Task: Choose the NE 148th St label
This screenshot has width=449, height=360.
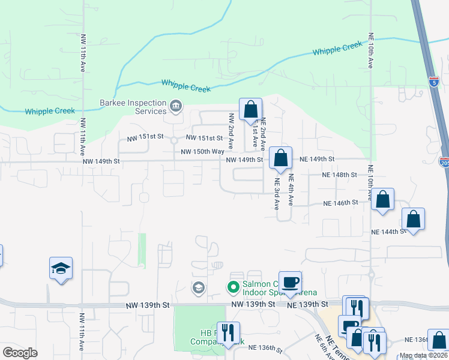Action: (x=339, y=175)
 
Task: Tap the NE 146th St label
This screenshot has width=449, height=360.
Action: (x=340, y=203)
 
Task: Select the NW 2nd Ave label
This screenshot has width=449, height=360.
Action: (x=231, y=133)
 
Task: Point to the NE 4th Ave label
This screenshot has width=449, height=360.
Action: (x=291, y=190)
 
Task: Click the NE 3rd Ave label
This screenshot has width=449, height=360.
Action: (x=277, y=193)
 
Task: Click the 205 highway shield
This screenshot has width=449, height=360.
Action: (x=444, y=163)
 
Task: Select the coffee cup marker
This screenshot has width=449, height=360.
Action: (x=290, y=283)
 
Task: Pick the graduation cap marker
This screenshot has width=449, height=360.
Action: (x=61, y=268)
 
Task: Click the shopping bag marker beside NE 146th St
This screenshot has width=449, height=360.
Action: (x=383, y=199)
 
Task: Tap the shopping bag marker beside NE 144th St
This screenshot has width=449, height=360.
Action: (x=414, y=219)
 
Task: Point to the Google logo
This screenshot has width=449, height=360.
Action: (x=20, y=353)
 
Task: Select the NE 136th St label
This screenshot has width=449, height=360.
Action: (x=265, y=347)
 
